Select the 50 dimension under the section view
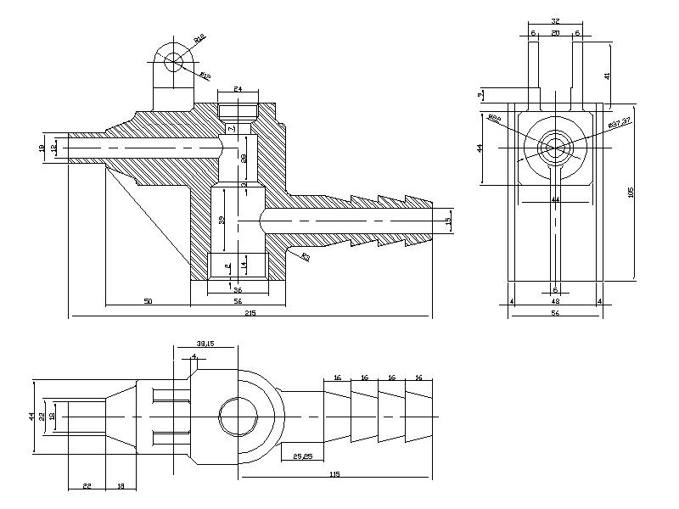[x=148, y=300]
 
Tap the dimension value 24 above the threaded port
[x=238, y=88]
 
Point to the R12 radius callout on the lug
[x=199, y=38]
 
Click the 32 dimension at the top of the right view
[x=555, y=20]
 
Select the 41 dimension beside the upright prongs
[x=608, y=76]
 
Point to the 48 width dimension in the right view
[x=555, y=300]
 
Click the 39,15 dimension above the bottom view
[x=204, y=344]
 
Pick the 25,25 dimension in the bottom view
[x=301, y=456]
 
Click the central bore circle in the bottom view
[x=238, y=417]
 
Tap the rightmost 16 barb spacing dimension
[x=419, y=377]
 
